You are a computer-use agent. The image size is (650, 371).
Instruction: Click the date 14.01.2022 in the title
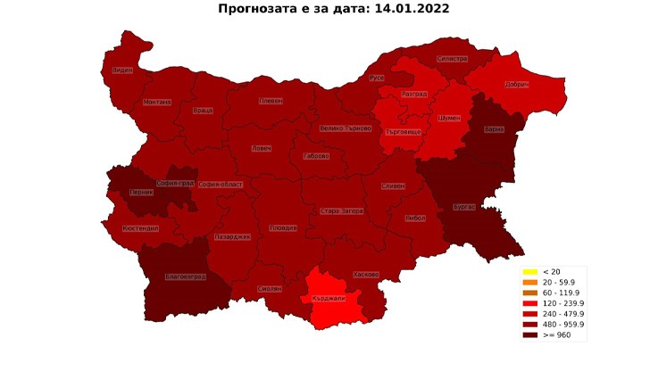click(406, 9)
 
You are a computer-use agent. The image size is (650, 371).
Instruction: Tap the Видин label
click(123, 70)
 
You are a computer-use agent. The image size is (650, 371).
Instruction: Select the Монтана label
click(157, 102)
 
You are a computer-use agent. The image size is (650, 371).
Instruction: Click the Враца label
click(203, 111)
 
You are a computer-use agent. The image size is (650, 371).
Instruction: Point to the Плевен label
click(271, 101)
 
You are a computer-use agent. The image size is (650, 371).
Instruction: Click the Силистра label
click(452, 59)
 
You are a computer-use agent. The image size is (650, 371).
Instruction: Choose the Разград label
click(413, 94)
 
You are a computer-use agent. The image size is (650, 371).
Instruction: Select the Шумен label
click(450, 118)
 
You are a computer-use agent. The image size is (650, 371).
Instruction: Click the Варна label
click(495, 129)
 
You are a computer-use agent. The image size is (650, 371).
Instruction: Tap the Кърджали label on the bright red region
click(329, 298)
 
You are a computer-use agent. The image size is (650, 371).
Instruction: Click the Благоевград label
click(186, 276)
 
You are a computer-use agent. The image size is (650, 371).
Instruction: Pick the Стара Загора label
click(341, 211)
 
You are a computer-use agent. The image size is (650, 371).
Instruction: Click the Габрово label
click(316, 156)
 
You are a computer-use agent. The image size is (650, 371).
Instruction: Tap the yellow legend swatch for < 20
click(529, 271)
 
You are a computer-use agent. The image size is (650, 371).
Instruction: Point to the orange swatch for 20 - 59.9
click(529, 282)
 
